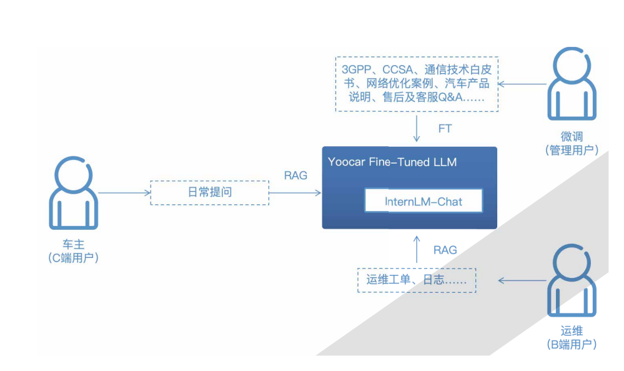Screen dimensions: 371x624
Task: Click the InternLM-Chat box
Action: click(x=424, y=202)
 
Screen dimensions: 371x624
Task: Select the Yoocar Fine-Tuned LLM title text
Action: click(x=392, y=162)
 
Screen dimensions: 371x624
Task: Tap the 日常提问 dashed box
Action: click(x=210, y=192)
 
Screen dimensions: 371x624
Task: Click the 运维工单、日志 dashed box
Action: click(x=417, y=280)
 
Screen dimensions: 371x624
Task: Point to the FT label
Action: click(x=445, y=129)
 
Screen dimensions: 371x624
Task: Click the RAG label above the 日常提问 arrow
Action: click(x=295, y=176)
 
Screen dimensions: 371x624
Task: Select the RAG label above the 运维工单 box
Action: click(x=445, y=250)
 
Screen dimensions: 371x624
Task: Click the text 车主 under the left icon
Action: click(x=74, y=245)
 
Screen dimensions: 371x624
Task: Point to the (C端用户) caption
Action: click(x=74, y=258)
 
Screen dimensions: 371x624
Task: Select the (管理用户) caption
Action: click(x=572, y=150)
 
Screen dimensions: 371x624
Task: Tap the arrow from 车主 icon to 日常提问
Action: click(x=124, y=193)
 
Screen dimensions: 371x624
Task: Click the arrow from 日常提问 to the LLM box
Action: click(x=294, y=193)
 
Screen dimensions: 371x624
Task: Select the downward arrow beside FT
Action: click(x=417, y=129)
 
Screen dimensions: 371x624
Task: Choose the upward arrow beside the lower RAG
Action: click(x=417, y=250)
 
